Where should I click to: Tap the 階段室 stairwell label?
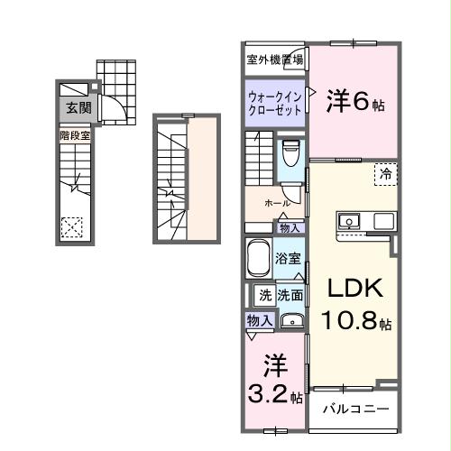point(74,135)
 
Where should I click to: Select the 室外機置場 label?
point(274,60)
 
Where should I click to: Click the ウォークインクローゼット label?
point(274,101)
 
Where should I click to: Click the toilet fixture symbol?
point(290,154)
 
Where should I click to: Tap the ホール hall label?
point(277,204)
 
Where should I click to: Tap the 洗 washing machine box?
point(264,294)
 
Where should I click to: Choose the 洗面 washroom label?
point(289,294)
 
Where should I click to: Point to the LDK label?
point(354,290)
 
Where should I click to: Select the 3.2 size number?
point(269,394)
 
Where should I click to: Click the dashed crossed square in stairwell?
point(72,227)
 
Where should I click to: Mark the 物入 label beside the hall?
point(290,228)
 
